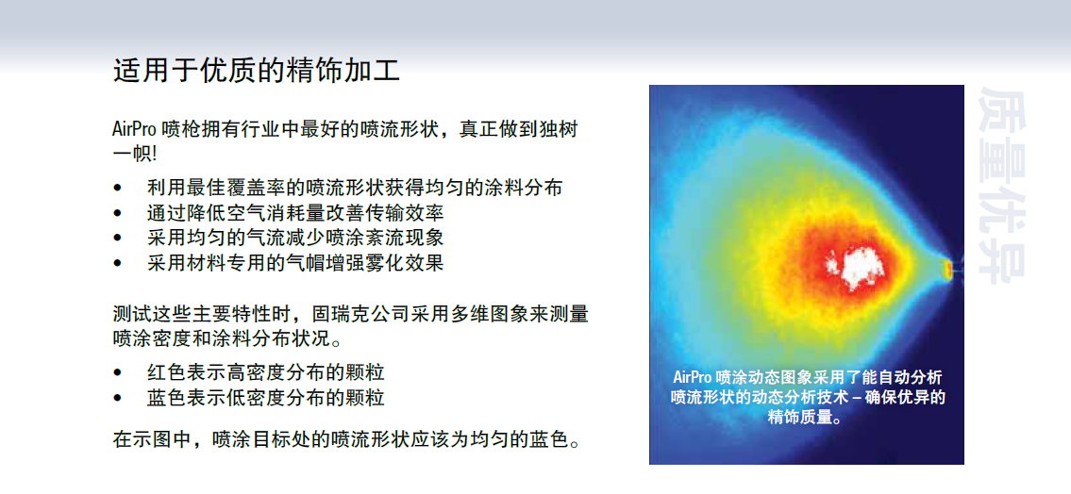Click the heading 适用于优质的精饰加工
pyautogui.click(x=256, y=71)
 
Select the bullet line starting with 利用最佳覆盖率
pyautogui.click(x=355, y=188)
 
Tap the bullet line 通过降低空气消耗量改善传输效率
pyautogui.click(x=295, y=213)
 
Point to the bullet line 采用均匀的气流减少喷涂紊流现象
pyautogui.click(x=295, y=238)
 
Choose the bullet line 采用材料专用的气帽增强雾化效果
pyautogui.click(x=295, y=262)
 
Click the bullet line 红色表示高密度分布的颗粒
pyautogui.click(x=266, y=372)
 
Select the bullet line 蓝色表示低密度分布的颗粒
pyautogui.click(x=266, y=397)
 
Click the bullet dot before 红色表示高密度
pyautogui.click(x=118, y=373)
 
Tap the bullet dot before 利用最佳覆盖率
pyautogui.click(x=118, y=189)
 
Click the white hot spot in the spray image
pyautogui.click(x=856, y=268)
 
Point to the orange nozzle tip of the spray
pyautogui.click(x=948, y=269)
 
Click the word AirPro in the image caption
pyautogui.click(x=693, y=377)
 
